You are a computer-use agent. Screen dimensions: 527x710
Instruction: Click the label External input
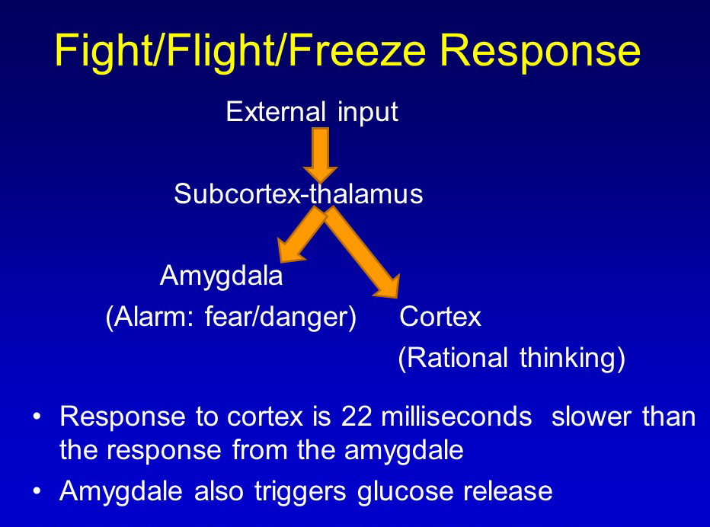click(x=312, y=112)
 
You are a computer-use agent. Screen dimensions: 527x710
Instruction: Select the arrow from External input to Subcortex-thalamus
click(x=320, y=154)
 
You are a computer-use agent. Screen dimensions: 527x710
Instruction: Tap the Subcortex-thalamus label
click(x=298, y=194)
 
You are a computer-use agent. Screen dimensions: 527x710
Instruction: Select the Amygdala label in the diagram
click(x=221, y=276)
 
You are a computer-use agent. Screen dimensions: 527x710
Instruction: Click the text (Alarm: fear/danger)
click(x=231, y=317)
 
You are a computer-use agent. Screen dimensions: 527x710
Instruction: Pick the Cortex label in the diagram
click(x=440, y=317)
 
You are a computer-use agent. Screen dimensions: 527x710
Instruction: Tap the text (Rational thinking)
click(x=511, y=358)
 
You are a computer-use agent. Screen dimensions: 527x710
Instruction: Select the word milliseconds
click(x=456, y=417)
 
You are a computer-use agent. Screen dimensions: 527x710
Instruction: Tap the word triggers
click(x=302, y=491)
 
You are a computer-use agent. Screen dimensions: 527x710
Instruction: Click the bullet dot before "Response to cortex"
click(x=37, y=417)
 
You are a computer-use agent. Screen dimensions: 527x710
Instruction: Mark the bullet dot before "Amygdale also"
click(x=37, y=491)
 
